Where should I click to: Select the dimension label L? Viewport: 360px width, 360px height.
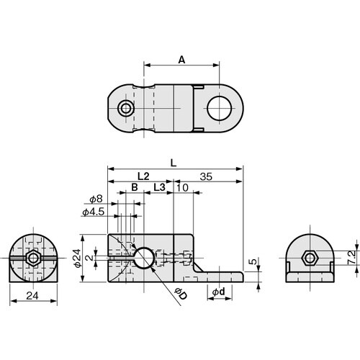point(173,163)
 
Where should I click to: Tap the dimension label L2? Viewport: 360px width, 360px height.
point(142,176)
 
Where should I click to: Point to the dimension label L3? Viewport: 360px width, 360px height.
point(160,187)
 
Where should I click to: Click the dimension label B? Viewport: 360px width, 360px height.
point(133,187)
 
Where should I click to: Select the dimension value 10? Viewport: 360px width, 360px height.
point(183,187)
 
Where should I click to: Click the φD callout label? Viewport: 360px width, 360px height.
point(181,295)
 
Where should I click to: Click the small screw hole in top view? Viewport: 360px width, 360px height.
point(127,109)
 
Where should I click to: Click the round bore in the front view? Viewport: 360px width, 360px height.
point(143,258)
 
